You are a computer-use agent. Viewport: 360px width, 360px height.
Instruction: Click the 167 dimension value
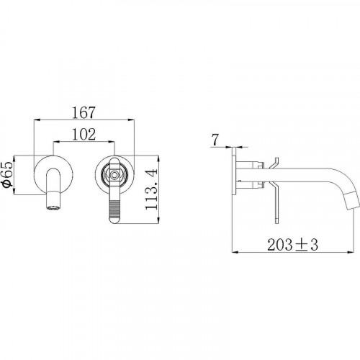(x=84, y=112)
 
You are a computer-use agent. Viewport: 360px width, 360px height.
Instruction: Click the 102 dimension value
(x=84, y=135)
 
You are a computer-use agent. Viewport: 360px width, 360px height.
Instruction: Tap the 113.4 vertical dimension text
(x=151, y=189)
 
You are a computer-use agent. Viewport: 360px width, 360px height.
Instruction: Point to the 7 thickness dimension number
(x=215, y=140)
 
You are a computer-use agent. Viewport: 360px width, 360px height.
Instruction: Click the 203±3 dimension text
(x=292, y=245)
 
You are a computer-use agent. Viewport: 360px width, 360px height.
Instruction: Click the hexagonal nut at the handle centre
(x=114, y=175)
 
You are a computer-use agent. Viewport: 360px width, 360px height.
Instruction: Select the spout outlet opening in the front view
(x=53, y=207)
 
